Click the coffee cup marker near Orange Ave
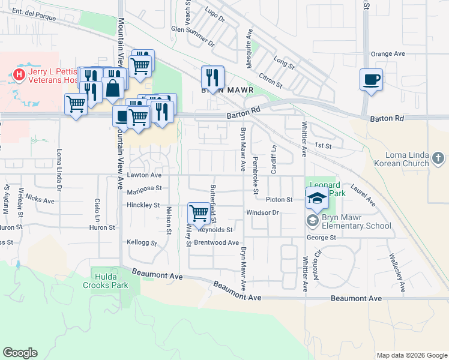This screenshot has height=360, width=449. point(371,79)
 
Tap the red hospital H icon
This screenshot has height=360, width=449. point(19,74)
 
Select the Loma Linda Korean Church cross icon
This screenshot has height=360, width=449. point(439,159)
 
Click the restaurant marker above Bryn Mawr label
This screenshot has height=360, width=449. point(212,77)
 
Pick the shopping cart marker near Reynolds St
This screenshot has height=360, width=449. point(199,212)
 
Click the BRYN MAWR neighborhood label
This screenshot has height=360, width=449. point(228,90)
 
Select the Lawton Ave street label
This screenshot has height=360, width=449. point(144,175)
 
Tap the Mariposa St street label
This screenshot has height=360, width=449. point(145,188)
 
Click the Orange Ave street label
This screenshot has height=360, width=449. point(388,53)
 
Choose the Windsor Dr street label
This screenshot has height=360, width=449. point(263,212)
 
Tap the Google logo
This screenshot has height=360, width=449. point(20,353)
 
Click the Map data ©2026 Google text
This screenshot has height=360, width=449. point(411,355)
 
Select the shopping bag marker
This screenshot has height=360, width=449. point(113,89)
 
